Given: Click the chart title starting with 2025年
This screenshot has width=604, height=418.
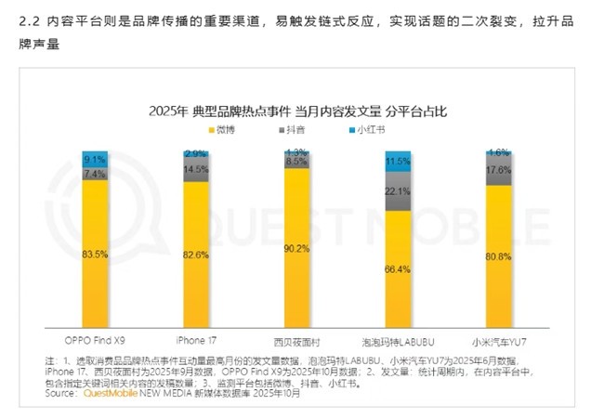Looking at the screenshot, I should tap(298, 111).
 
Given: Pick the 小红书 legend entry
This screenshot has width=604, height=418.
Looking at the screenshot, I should tap(374, 129).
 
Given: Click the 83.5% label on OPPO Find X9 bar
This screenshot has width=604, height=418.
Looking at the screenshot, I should tap(95, 254).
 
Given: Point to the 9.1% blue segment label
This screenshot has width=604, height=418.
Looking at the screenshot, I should tap(95, 159).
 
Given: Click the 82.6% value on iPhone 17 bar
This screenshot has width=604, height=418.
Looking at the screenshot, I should tap(196, 255).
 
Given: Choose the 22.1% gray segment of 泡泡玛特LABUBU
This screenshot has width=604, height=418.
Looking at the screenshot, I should tap(398, 191).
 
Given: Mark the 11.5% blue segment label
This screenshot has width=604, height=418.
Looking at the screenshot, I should tap(398, 162).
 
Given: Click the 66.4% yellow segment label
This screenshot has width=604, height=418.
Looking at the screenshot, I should tap(398, 269).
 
